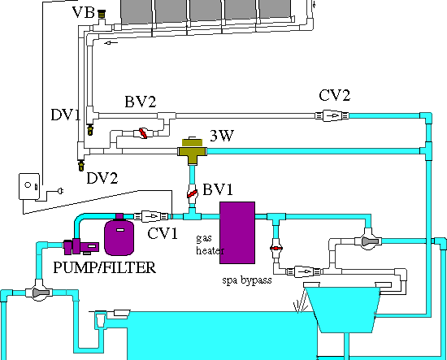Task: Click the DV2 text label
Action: point(102,178)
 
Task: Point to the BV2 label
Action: point(140,102)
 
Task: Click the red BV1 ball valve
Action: point(193,194)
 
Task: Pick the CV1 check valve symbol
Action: point(152,216)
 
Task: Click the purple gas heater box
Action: point(238,232)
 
